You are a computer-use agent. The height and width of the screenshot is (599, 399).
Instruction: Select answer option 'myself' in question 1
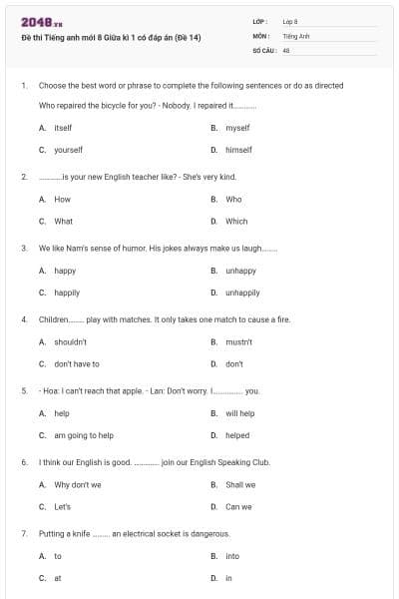(x=237, y=128)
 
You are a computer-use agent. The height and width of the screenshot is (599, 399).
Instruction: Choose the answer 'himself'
(x=238, y=150)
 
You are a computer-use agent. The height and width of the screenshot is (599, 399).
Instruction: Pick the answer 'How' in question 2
(x=62, y=200)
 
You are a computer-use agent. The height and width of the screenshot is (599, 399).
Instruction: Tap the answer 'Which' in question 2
(x=236, y=222)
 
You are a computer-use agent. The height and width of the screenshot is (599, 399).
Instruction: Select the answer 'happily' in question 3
(x=67, y=293)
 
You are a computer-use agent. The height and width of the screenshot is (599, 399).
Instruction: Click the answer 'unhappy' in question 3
(x=240, y=271)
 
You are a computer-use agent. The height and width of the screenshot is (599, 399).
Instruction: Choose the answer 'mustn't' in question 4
(x=238, y=341)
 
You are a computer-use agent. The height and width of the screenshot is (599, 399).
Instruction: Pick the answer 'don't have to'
(x=77, y=363)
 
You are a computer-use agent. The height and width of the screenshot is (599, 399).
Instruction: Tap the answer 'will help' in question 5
(x=239, y=413)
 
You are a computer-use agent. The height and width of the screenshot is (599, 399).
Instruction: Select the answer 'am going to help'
(x=84, y=435)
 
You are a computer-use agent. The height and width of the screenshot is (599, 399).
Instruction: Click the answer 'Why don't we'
(x=78, y=485)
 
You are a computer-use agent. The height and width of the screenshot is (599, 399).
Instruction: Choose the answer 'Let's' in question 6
(x=63, y=506)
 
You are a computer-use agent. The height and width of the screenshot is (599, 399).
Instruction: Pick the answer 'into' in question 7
(x=232, y=556)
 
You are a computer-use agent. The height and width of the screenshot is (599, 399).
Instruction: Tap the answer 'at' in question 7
(x=58, y=578)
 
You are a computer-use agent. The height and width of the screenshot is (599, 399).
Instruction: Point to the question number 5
(x=24, y=391)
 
